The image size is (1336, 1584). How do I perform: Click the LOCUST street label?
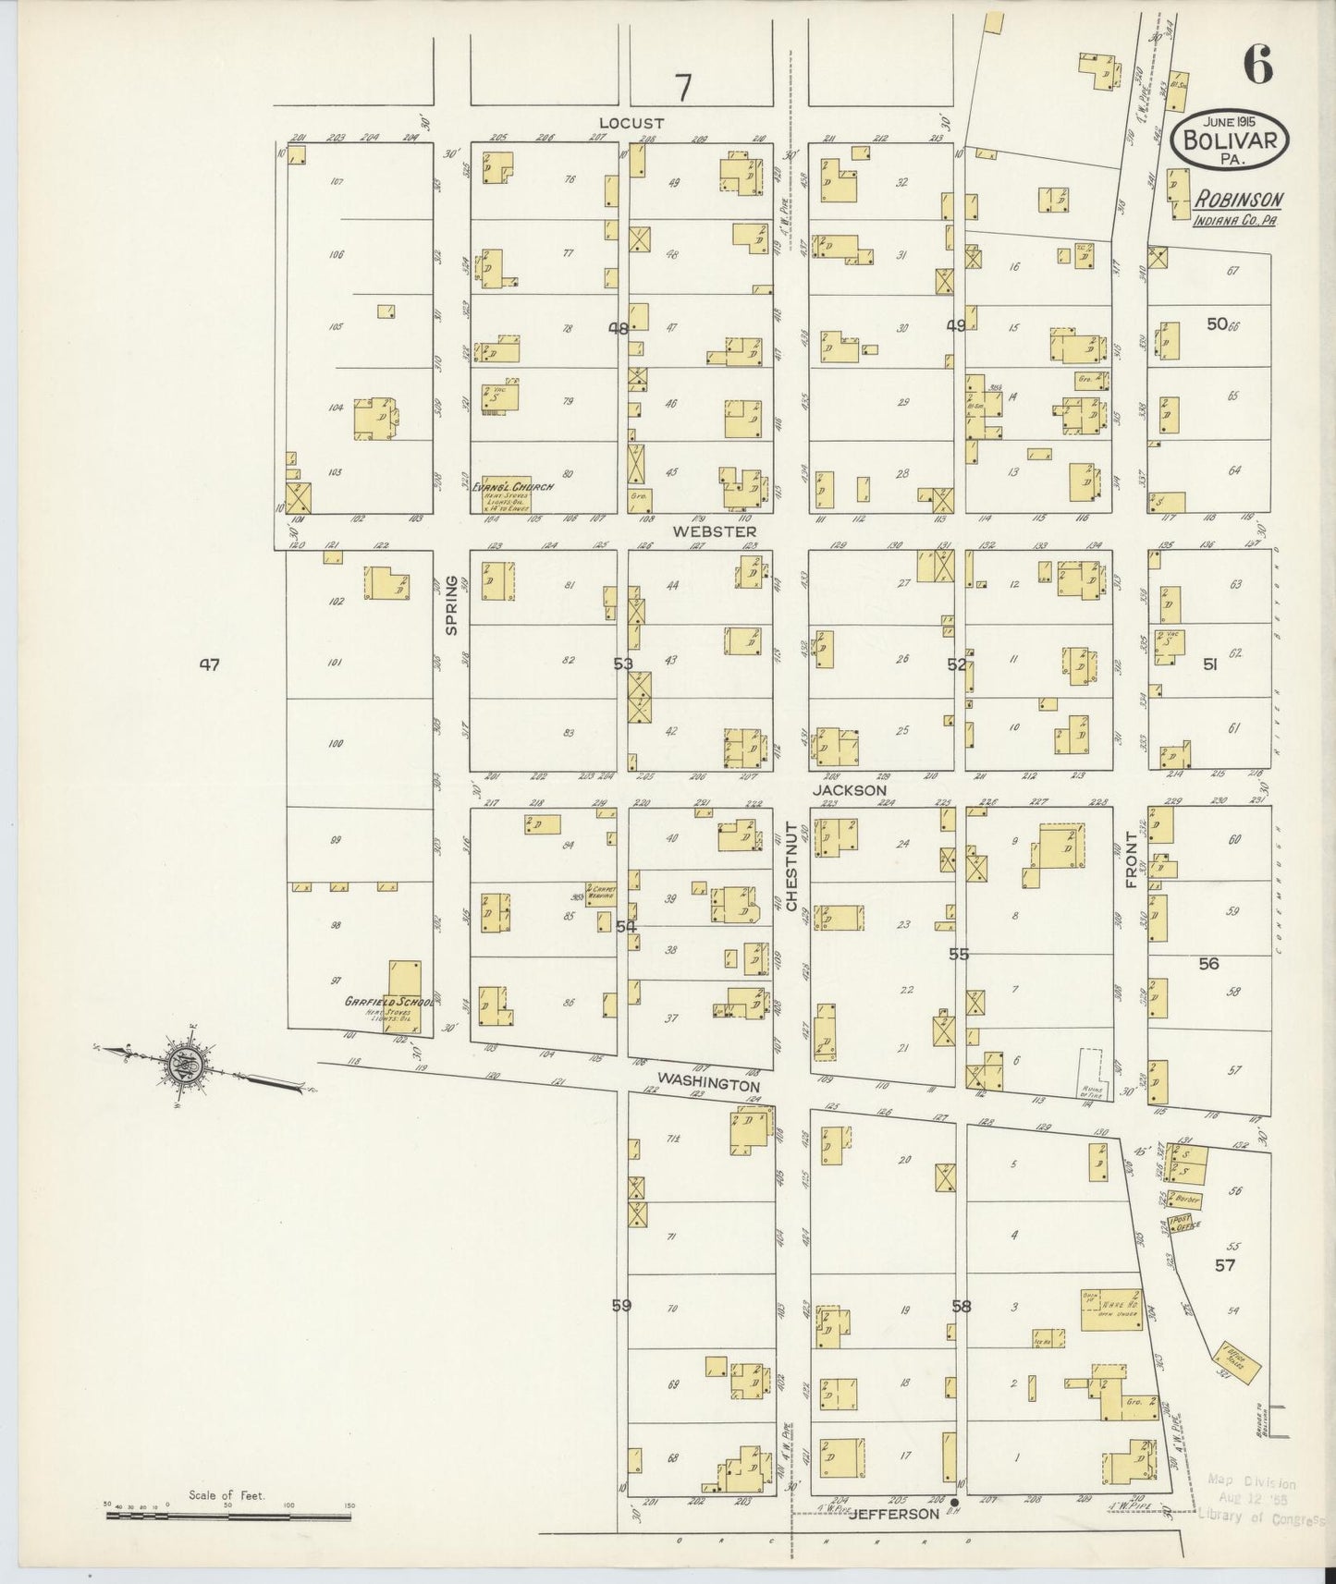pyautogui.click(x=631, y=123)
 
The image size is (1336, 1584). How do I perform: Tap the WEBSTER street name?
pyautogui.click(x=715, y=531)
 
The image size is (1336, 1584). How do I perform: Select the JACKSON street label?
pyautogui.click(x=850, y=790)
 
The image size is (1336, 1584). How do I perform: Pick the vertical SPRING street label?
pyautogui.click(x=452, y=604)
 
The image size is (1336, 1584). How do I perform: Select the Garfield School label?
pyautogui.click(x=389, y=1002)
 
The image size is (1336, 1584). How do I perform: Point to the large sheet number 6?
pyautogui.click(x=1257, y=64)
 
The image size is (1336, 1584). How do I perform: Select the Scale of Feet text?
pyautogui.click(x=227, y=1494)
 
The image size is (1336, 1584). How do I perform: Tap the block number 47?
pyautogui.click(x=210, y=664)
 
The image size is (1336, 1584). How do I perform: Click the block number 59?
pyautogui.click(x=621, y=1307)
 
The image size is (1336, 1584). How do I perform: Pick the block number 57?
pyautogui.click(x=1225, y=1266)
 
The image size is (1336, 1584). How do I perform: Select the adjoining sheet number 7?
pyautogui.click(x=682, y=88)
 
